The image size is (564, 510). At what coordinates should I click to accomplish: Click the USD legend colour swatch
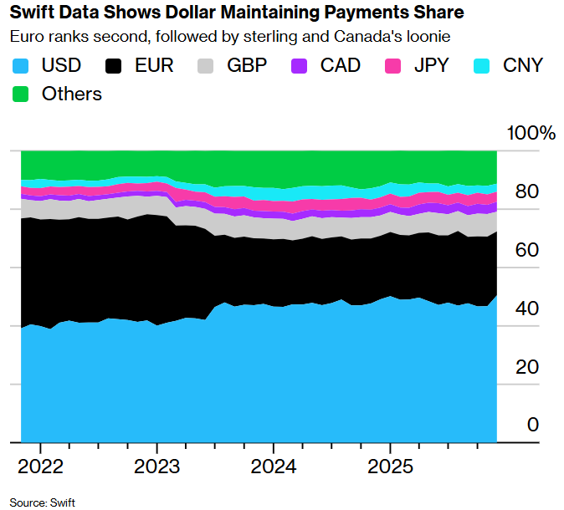tap(22, 65)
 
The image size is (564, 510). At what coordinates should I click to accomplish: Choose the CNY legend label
tap(524, 65)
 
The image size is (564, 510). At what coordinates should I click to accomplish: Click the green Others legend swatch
tap(22, 94)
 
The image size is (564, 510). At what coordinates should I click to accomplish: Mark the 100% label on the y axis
tap(531, 133)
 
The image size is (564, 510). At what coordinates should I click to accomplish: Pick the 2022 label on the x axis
tap(40, 466)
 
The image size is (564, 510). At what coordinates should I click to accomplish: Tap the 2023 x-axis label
tap(156, 466)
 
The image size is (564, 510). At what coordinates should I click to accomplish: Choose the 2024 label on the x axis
tap(274, 466)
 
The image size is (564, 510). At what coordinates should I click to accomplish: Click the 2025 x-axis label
tap(390, 466)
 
